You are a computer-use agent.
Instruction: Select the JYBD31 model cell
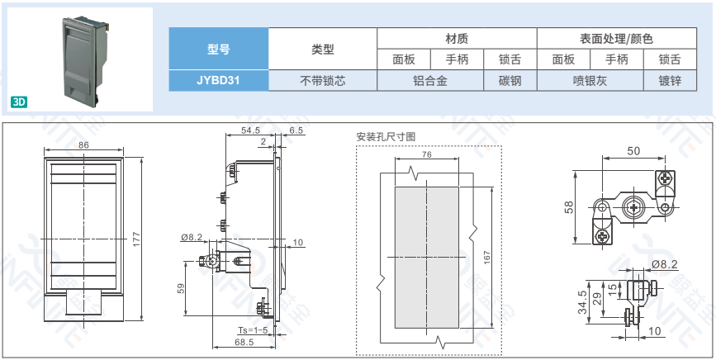pos(218,81)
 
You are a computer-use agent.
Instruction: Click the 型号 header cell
pos(218,49)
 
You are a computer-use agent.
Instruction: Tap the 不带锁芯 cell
pos(322,81)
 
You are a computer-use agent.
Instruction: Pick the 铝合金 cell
pos(429,81)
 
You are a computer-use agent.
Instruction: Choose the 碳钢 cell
pos(510,81)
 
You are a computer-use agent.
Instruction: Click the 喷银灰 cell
pos(590,81)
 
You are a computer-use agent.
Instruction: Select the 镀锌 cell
pos(670,81)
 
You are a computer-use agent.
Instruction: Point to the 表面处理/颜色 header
pos(616,39)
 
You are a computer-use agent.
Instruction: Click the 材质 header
pos(457,39)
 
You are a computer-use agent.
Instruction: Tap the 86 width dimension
pos(83,145)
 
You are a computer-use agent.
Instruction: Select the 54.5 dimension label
pos(250,130)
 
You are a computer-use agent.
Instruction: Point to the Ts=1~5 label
pos(253,330)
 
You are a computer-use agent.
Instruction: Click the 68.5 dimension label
pos(244,342)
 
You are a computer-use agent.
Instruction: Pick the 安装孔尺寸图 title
pos(386,136)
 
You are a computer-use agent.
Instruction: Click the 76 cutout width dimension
pos(426,154)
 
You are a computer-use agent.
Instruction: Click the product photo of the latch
pos(81,60)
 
